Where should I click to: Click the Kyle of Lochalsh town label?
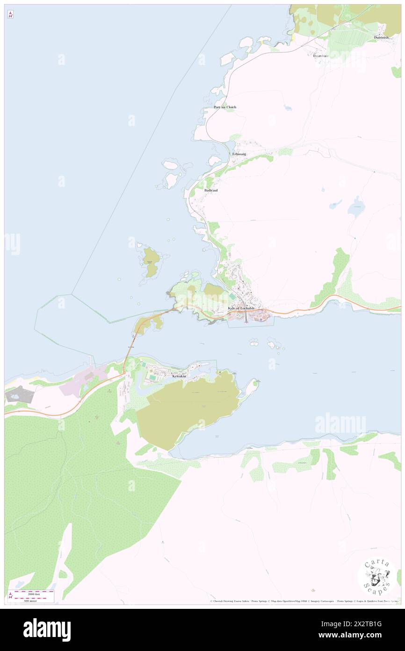point(241,308)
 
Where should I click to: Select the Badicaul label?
point(210,191)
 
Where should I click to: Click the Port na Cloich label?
point(225,107)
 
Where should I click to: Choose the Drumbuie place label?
point(321,56)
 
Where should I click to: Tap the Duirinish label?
point(381,37)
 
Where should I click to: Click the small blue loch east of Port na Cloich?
point(288,108)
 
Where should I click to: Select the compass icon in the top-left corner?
point(10,15)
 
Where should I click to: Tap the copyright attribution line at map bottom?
point(304,601)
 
